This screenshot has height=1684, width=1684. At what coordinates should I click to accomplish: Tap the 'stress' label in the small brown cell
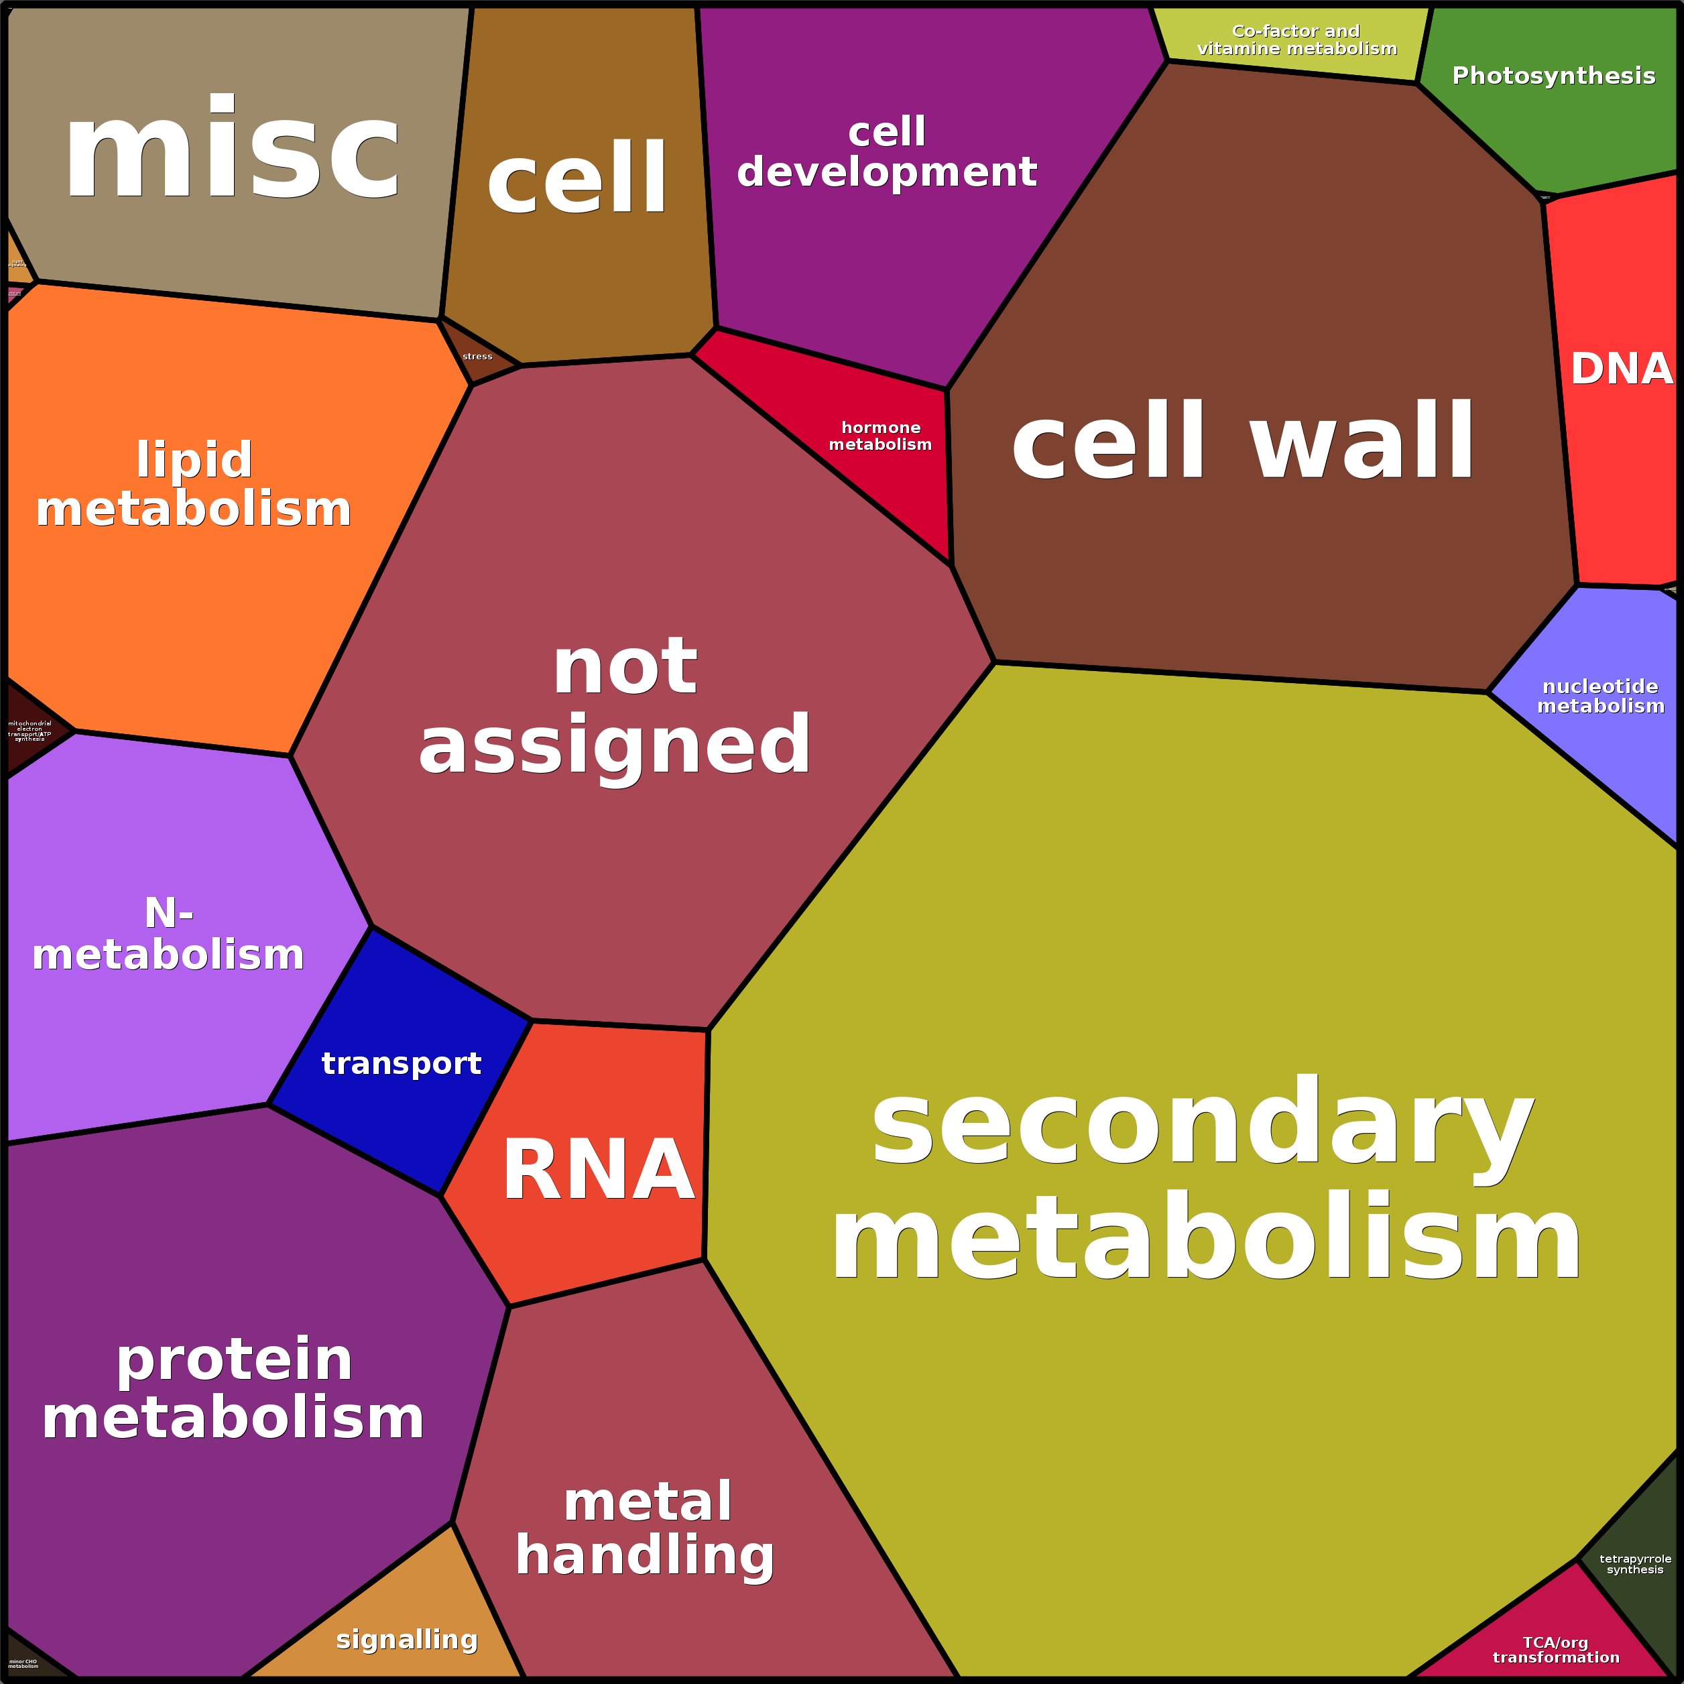[x=477, y=357]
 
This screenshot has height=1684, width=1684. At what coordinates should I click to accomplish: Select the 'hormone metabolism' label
[x=880, y=436]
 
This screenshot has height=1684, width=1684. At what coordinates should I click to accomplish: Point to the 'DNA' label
[x=1621, y=369]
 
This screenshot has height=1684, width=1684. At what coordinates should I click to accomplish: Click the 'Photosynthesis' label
[x=1553, y=76]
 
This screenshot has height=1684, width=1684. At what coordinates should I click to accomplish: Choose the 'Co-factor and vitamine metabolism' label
[x=1296, y=40]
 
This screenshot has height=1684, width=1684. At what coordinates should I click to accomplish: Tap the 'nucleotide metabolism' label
[x=1600, y=697]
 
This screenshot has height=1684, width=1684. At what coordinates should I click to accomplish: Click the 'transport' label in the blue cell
[x=401, y=1063]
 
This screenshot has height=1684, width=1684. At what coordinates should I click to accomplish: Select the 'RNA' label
[x=598, y=1170]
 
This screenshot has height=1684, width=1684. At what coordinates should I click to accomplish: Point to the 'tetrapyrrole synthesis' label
[x=1635, y=1564]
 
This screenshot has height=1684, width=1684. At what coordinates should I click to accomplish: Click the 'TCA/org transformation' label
[x=1556, y=1650]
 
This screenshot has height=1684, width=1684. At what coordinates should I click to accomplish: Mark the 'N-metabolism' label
[x=168, y=935]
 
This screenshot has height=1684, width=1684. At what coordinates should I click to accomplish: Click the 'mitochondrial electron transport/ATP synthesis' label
[x=29, y=731]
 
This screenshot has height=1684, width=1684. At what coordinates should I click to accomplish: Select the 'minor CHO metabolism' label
[x=23, y=1664]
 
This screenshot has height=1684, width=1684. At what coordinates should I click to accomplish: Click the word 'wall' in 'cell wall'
[x=1362, y=441]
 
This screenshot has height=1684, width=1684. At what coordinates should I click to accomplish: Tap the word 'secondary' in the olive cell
[x=1203, y=1124]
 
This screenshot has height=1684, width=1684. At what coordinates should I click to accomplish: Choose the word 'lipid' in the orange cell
[x=194, y=459]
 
